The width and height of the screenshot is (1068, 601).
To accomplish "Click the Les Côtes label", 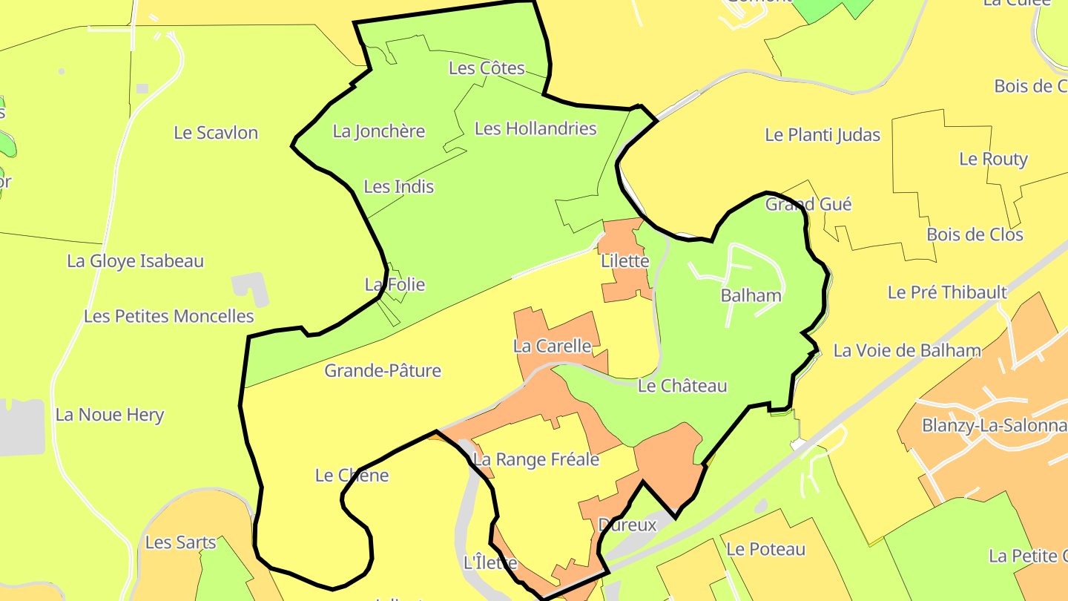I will click(x=487, y=68).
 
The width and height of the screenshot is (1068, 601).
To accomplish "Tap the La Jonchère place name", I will click(x=378, y=131).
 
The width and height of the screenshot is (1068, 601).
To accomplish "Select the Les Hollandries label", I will click(x=535, y=128).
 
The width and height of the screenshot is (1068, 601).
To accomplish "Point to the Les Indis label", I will click(x=399, y=186).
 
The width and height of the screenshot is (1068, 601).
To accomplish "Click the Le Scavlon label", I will click(x=216, y=133).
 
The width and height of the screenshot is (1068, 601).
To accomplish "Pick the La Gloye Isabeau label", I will click(x=135, y=261).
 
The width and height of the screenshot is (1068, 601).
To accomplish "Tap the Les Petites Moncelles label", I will click(x=168, y=316).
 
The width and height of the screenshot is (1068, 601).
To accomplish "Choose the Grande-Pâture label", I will click(x=383, y=370).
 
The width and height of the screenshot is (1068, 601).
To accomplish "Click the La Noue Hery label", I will click(x=110, y=415).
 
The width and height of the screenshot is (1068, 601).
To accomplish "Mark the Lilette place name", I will click(x=625, y=261).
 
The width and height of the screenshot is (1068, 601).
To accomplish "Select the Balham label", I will click(x=751, y=295).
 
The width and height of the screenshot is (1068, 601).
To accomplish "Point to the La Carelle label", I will click(x=552, y=346).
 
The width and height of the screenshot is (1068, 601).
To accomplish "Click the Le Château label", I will click(x=682, y=386).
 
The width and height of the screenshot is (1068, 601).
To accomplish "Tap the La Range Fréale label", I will click(x=535, y=459).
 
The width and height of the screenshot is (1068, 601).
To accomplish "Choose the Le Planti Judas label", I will click(x=823, y=135).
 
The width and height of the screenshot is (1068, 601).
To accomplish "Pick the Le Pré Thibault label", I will click(x=947, y=292).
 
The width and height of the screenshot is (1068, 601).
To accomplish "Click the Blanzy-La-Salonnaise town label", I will click(x=994, y=426).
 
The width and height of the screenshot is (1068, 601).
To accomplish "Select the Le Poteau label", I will click(x=765, y=549).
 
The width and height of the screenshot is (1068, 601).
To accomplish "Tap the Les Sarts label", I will click(x=180, y=542).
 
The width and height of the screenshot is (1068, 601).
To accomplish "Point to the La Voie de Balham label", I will click(x=907, y=350).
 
